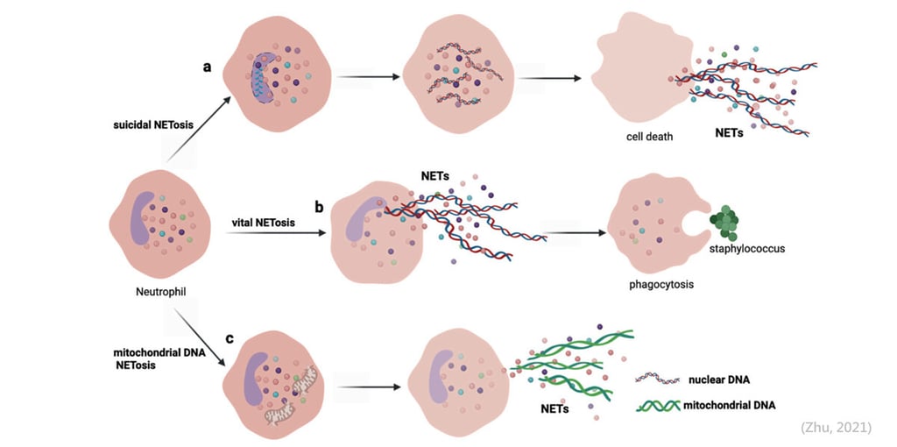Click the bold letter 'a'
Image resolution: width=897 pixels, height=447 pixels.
coord(207,67)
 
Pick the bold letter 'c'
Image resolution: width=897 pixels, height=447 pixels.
coord(230,338)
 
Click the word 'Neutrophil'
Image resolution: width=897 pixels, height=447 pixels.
coord(161,292)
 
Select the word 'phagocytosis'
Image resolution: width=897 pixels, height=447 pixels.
coord(657,283)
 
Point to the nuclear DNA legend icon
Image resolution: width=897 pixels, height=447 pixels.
coord(658,379)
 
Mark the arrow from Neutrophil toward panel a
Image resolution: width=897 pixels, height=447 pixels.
coord(199,129)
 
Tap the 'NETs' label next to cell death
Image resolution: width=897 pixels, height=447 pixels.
coord(730,131)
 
